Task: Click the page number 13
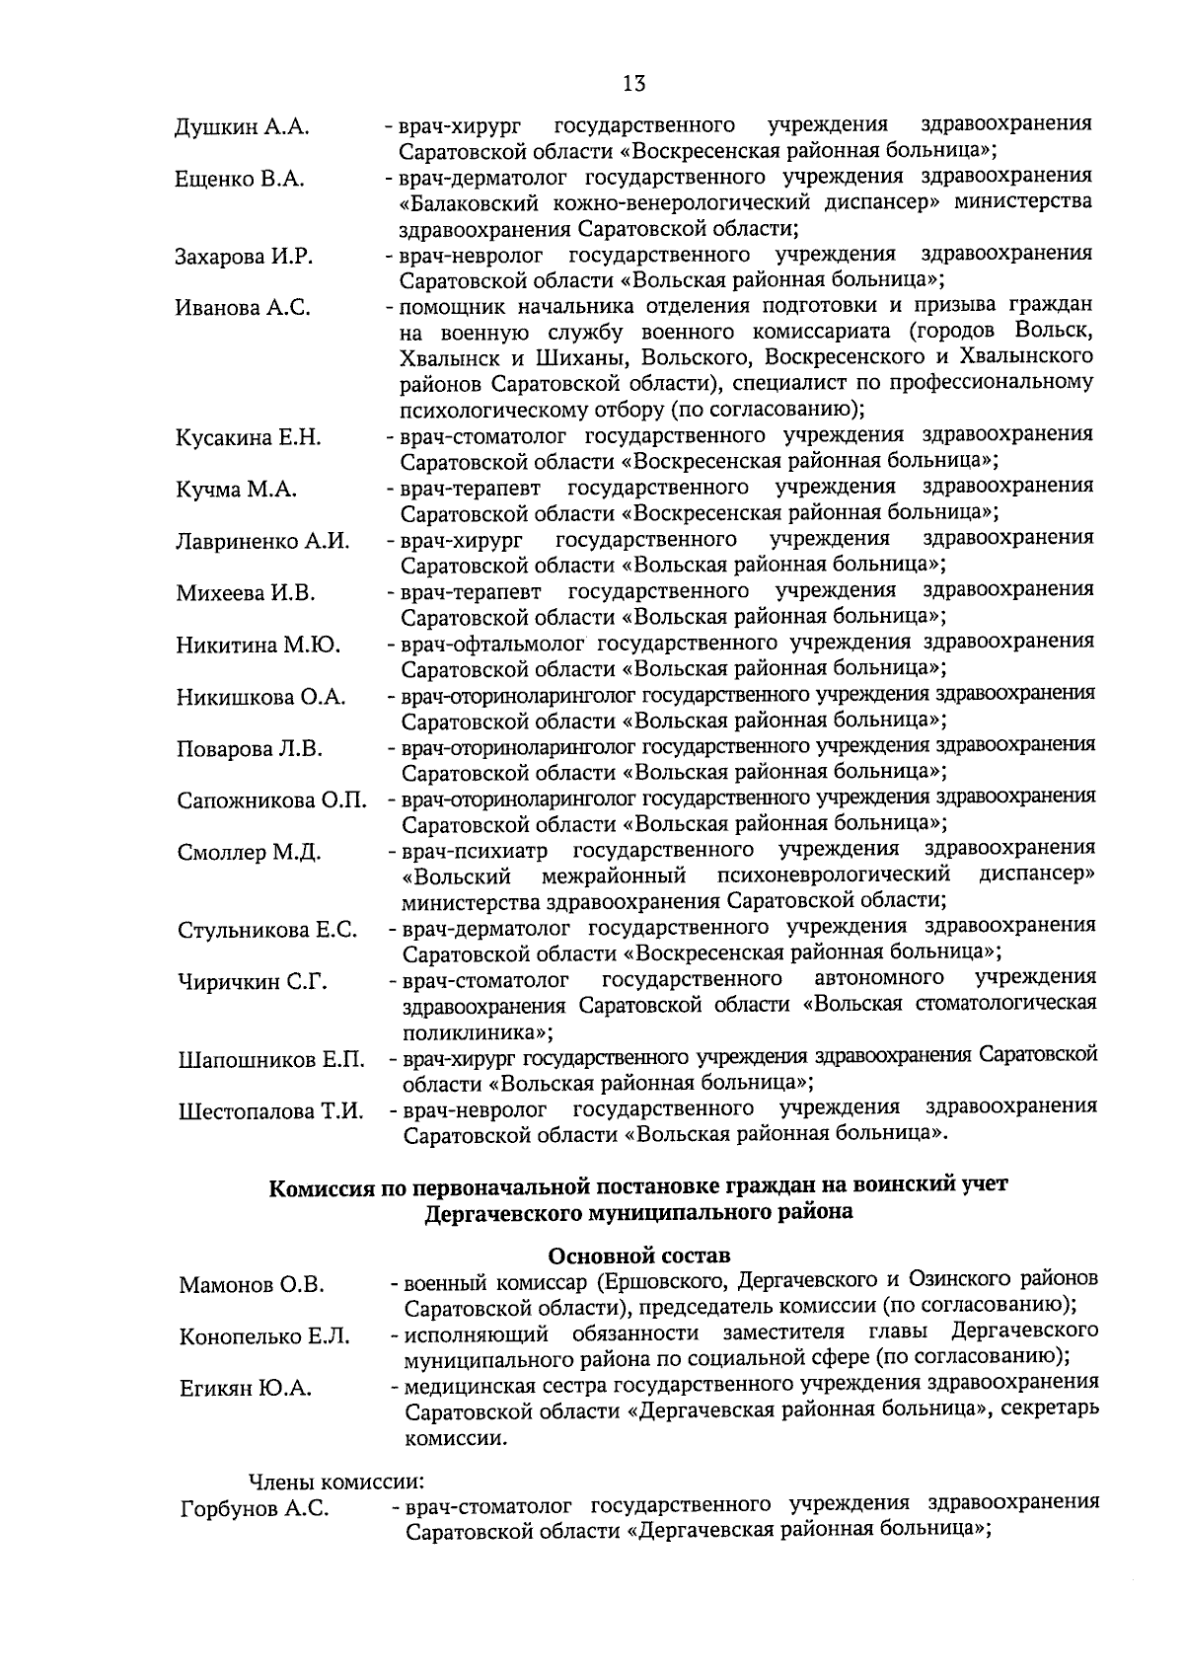click(x=633, y=84)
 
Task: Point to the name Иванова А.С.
click(x=243, y=308)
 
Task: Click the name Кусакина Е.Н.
click(x=249, y=438)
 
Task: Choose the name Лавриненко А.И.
click(x=263, y=542)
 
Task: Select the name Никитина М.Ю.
click(x=259, y=646)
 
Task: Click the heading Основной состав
click(x=639, y=1256)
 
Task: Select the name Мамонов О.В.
click(x=252, y=1285)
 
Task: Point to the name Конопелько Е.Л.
click(x=264, y=1337)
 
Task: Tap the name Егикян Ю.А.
click(x=246, y=1389)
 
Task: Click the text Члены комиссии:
click(x=335, y=1482)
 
